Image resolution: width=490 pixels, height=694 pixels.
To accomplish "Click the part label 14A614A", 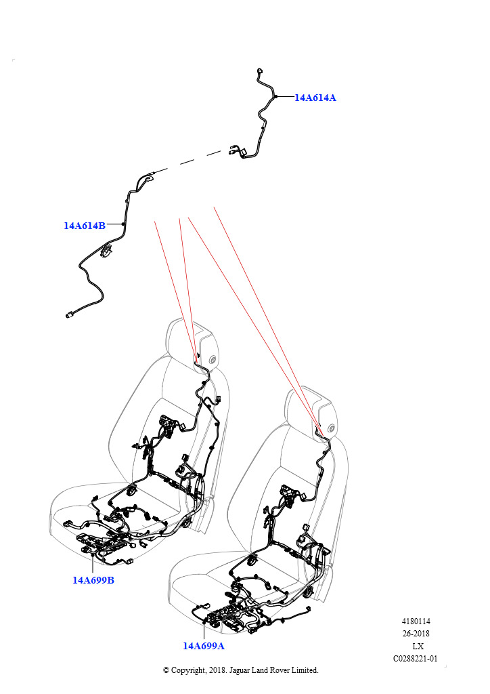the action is pos(315,98).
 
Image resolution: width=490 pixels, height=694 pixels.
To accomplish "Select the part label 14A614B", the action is pos(85,225).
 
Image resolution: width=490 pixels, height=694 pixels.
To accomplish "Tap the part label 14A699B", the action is pos(93,580).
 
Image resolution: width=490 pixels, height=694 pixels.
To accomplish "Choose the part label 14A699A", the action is pos(204,646).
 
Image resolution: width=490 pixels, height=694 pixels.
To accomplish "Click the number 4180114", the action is pos(416,621).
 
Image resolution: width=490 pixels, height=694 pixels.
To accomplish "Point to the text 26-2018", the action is pos(416,634).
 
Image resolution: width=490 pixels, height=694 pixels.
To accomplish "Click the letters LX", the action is pos(418,646).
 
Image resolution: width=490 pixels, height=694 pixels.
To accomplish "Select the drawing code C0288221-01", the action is pos(416,659).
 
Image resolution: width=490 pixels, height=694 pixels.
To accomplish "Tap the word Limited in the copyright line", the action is pos(304,670).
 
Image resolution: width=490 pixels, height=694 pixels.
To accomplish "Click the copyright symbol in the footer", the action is pos(166,670).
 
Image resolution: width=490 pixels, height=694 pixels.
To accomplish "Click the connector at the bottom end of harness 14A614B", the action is pos(69,316).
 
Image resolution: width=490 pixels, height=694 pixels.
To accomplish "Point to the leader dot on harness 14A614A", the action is pos(275,96).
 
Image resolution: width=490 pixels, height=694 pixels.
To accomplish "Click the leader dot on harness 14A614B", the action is pos(123,224).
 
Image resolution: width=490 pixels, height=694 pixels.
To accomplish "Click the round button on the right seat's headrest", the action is pos(332,428).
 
